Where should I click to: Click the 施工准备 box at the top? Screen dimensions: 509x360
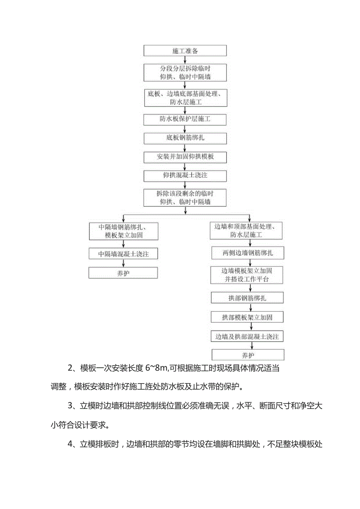[185, 51]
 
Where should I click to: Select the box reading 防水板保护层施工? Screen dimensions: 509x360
[185, 118]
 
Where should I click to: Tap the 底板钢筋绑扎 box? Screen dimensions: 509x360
[185, 138]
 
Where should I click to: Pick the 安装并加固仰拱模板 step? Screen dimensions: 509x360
[185, 157]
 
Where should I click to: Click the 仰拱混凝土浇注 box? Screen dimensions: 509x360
[185, 176]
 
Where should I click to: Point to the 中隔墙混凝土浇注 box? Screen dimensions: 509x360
[123, 254]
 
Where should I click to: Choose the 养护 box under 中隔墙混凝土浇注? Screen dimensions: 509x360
[123, 273]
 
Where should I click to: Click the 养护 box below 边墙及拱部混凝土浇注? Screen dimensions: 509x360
[248, 355]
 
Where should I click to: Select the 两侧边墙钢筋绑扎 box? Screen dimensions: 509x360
[248, 253]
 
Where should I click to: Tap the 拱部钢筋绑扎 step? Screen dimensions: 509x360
[248, 298]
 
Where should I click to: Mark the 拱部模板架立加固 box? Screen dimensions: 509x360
[248, 317]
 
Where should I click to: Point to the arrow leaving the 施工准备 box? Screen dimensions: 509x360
[185, 59]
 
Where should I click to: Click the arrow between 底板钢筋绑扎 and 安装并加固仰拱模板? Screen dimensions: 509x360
[185, 148]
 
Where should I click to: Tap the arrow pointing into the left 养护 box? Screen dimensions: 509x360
[123, 263]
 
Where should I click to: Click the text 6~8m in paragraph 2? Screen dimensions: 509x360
[157, 368]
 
